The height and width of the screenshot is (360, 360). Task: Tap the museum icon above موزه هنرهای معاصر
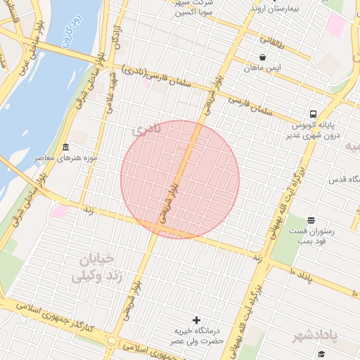tap(66, 147)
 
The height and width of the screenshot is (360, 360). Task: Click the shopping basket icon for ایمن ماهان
tap(262, 58)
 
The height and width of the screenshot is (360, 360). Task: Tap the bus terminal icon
tap(312, 114)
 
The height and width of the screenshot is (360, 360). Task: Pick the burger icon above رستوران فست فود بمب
tap(311, 221)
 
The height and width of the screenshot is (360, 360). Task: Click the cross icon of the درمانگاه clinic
tap(196, 320)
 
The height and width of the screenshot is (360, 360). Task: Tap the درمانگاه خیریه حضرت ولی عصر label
tap(196, 335)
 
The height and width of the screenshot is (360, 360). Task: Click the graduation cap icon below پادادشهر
tap(322, 354)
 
